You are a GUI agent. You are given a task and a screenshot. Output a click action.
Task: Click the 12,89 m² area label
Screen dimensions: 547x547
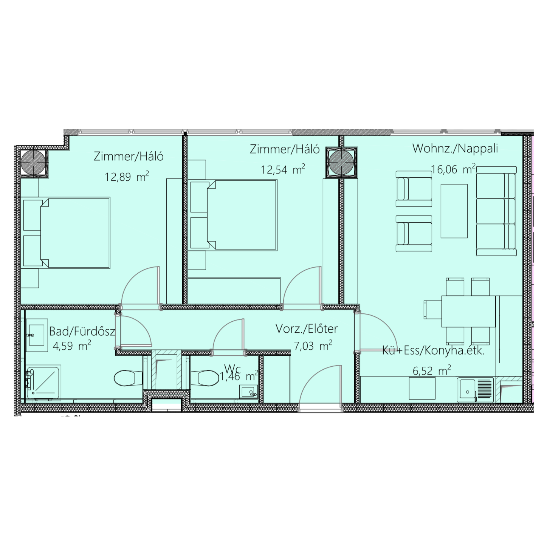coord(127,177)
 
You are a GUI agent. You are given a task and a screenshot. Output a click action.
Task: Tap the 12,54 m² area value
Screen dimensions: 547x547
coord(283,169)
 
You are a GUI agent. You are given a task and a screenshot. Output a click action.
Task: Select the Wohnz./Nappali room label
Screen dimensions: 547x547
coord(455,149)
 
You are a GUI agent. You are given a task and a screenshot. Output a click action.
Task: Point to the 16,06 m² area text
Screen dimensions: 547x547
coord(453,169)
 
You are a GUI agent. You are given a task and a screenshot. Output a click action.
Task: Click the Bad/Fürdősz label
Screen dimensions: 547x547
coord(82,331)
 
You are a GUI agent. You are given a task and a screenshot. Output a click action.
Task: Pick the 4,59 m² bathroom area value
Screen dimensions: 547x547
coord(72,346)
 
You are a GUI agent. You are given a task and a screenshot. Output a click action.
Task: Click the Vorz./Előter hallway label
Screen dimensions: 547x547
coord(307,329)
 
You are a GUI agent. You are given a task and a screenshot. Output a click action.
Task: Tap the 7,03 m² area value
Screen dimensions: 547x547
coord(313,346)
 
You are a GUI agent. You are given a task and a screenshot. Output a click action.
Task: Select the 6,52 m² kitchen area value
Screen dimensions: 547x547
coord(432,371)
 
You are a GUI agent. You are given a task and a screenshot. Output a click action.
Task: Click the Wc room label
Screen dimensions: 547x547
coord(232,368)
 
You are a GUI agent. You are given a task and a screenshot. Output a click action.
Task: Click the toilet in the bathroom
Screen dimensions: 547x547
coord(128,378)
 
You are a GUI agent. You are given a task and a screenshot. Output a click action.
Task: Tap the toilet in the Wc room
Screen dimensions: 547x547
coord(205,378)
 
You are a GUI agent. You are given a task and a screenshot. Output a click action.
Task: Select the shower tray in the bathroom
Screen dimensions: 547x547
coord(44,383)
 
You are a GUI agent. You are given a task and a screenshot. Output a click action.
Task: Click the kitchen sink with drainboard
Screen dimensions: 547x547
coord(476,389)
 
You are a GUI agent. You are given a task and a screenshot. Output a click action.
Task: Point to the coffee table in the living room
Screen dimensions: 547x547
coord(454,211)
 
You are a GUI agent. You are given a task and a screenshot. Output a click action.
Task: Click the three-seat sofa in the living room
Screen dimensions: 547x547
coord(496,211)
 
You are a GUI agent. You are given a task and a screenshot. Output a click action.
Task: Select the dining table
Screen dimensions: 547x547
coord(469,311)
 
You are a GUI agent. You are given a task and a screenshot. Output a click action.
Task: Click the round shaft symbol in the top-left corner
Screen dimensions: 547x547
coord(33,163)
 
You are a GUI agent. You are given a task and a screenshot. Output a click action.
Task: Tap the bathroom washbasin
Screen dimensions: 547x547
coord(37,335)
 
